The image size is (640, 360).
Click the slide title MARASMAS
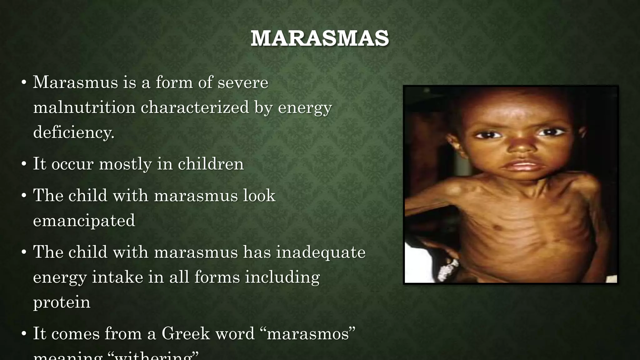(320, 38)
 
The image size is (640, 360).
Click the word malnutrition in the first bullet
(84, 107)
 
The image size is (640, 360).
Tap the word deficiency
(73, 132)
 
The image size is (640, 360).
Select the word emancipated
(84, 221)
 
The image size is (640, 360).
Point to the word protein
(62, 302)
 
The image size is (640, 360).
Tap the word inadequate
(321, 252)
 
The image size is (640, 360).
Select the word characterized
(195, 107)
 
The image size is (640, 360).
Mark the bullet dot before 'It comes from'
(24, 334)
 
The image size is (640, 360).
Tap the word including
(282, 277)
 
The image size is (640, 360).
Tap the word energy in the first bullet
(305, 107)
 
